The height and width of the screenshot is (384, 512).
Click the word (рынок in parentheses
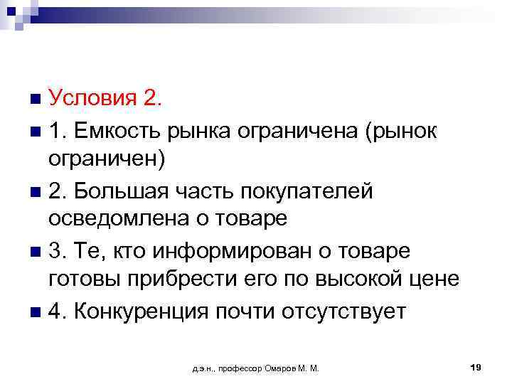coord(399,130)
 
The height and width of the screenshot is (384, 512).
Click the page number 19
coord(476,367)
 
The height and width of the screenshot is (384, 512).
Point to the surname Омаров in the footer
coord(284,368)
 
